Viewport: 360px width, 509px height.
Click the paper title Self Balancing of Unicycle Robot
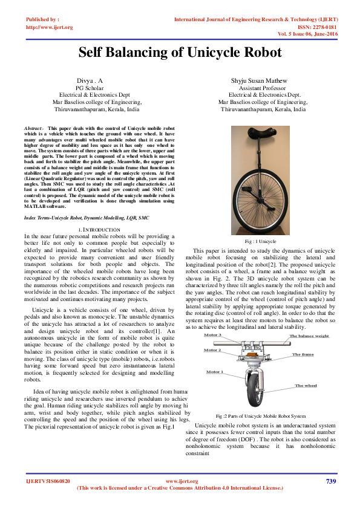coord(180,53)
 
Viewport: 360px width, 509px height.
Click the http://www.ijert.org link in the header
coord(50,27)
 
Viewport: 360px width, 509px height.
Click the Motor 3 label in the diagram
coord(212,335)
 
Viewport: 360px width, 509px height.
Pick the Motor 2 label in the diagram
coord(212,350)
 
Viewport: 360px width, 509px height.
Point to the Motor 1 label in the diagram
coord(215,372)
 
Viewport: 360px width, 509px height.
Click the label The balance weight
coord(309,336)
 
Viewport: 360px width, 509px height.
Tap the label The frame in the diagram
coord(303,354)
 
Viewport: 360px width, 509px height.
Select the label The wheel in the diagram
coord(306,385)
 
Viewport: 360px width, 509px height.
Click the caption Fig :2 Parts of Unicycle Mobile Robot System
coord(261,417)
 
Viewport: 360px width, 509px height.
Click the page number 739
coord(330,481)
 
